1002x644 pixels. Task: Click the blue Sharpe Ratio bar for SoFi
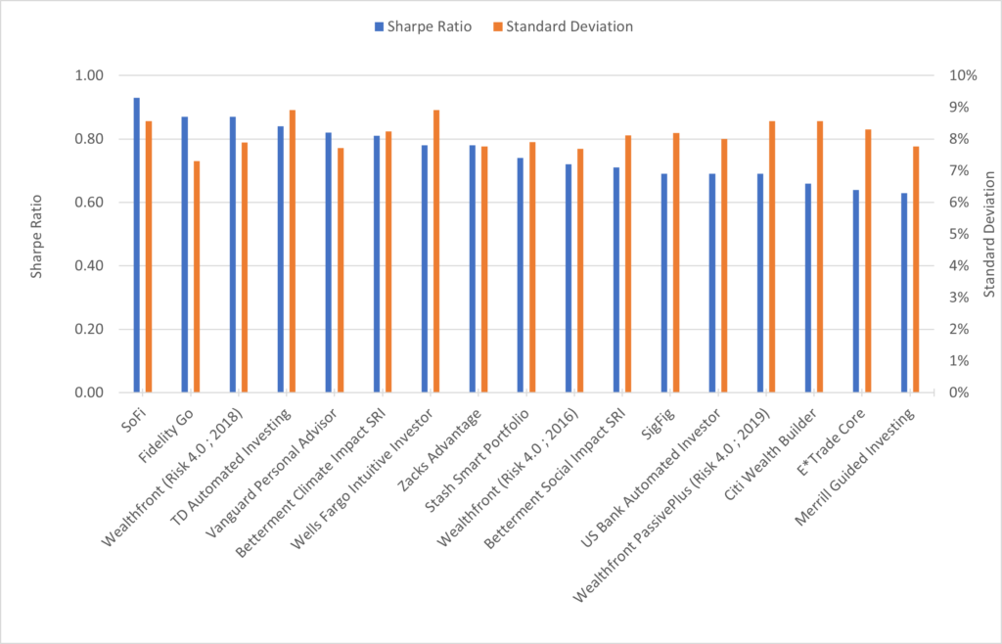click(x=137, y=245)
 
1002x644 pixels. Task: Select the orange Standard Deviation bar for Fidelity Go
click(x=197, y=277)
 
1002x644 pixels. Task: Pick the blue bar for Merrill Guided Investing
click(x=904, y=293)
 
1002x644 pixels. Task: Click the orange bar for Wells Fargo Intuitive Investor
click(x=436, y=252)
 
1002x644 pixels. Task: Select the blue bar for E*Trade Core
click(x=856, y=291)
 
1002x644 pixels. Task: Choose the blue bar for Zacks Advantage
click(x=473, y=269)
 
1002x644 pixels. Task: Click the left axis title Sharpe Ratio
click(x=36, y=234)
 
